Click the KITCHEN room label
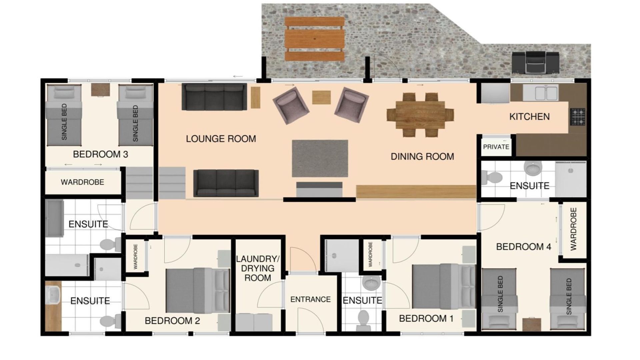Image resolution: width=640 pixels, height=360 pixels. [x=529, y=117]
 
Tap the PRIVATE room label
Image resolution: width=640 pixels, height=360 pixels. [x=496, y=147]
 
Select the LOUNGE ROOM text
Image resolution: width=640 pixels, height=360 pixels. [x=221, y=139]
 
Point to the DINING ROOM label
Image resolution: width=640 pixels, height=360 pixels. [x=422, y=156]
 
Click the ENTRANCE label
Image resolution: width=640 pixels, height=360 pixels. [x=310, y=299]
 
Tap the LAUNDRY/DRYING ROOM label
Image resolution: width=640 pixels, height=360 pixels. [x=258, y=268]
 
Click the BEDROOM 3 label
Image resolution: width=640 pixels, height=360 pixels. [x=100, y=154]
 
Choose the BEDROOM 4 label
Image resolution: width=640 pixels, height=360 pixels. [x=523, y=247]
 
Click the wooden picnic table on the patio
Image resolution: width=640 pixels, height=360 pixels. [x=315, y=39]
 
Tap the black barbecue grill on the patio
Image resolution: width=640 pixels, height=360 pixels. [x=536, y=62]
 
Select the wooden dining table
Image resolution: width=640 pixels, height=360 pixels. [x=420, y=115]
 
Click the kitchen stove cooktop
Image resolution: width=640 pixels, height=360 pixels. [x=577, y=117]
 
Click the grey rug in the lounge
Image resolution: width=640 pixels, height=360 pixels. [x=320, y=158]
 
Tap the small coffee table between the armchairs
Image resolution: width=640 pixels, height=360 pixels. [x=321, y=97]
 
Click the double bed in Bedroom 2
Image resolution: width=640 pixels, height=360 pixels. [x=198, y=291]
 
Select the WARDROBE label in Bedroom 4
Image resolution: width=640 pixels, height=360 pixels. [x=573, y=229]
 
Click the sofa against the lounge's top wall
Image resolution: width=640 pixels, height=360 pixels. [x=214, y=97]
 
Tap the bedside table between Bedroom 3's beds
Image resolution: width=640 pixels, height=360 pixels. [x=100, y=89]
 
